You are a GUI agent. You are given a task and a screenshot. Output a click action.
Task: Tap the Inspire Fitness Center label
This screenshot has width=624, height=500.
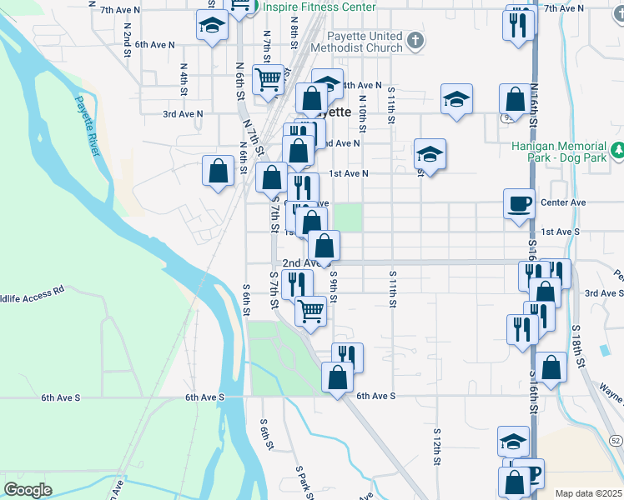pyautogui.click(x=319, y=7)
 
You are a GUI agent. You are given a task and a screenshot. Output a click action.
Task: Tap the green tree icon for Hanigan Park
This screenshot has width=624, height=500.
pyautogui.click(x=617, y=150)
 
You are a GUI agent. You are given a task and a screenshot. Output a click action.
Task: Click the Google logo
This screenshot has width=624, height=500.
pyautogui.click(x=28, y=490)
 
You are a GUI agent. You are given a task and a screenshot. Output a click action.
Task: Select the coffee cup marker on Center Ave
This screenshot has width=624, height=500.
pyautogui.click(x=519, y=202)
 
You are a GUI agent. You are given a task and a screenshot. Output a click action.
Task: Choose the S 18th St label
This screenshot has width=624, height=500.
pyautogui.click(x=579, y=342)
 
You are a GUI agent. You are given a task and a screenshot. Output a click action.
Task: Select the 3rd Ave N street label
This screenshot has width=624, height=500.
pyautogui.click(x=183, y=114)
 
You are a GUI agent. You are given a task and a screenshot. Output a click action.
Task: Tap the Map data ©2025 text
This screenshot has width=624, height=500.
pyautogui.click(x=588, y=493)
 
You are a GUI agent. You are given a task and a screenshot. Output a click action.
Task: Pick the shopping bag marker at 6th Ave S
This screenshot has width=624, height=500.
pyautogui.click(x=337, y=377)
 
